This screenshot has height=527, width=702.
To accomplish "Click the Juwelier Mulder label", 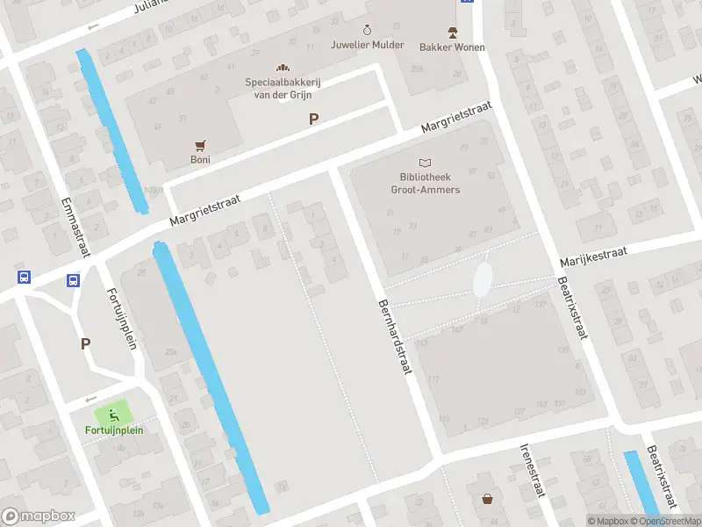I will point(368,45).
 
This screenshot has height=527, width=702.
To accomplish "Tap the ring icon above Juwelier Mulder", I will point(368,30).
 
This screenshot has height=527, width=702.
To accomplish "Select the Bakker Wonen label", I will point(452,47).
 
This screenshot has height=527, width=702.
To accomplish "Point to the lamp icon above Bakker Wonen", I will point(452,32).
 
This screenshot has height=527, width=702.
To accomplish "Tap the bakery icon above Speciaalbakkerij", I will point(283,68).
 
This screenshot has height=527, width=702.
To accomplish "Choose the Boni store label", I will point(200,160).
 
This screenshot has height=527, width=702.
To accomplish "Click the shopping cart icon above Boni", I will point(200,145).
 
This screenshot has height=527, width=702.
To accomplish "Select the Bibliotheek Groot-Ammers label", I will point(426,184).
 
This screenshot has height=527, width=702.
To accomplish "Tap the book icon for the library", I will point(426,163).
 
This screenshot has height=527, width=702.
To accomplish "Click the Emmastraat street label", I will point(77,227).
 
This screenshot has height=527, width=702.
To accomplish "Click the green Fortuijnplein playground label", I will point(114,430).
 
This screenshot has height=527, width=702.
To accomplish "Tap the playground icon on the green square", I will point(111,414).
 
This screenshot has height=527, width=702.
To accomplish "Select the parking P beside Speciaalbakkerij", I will point(313,119).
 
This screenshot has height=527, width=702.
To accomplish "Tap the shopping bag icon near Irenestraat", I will point(487,499).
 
